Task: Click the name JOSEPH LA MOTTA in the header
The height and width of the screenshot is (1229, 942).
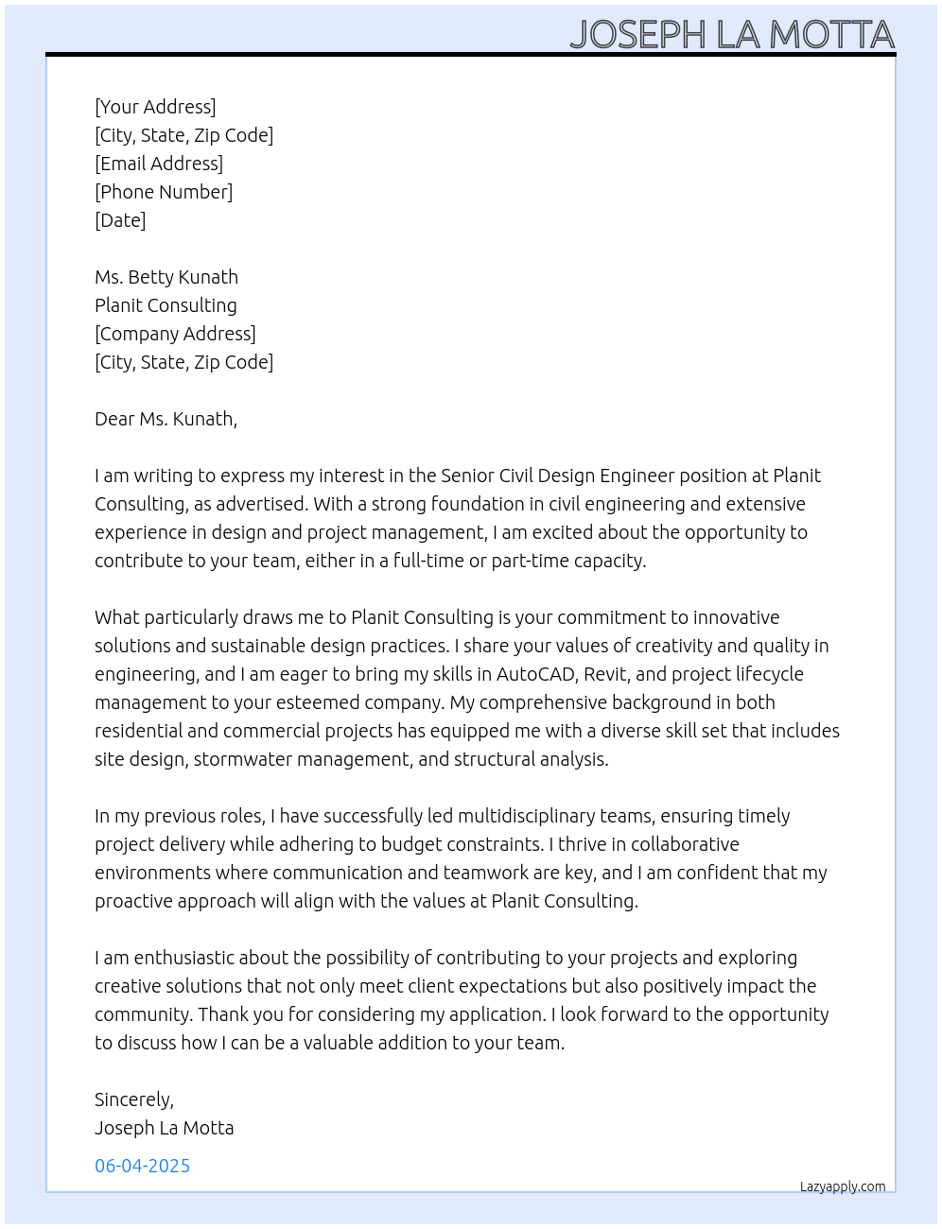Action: (732, 34)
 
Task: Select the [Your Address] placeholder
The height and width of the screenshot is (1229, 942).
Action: (155, 107)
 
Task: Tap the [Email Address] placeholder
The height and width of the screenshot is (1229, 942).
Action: (159, 164)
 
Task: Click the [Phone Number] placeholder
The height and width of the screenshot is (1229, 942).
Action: (164, 192)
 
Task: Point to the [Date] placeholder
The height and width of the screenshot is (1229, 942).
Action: (120, 220)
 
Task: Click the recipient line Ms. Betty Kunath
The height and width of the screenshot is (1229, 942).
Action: (166, 277)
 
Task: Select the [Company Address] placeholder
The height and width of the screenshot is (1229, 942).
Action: (175, 334)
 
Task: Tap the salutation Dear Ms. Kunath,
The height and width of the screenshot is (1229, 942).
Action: (166, 419)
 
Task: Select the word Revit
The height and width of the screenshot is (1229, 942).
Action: (605, 674)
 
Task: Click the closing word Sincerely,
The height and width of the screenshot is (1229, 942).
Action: (134, 1099)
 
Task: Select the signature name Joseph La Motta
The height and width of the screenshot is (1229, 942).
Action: (165, 1128)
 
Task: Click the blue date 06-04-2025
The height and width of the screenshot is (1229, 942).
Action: (143, 1166)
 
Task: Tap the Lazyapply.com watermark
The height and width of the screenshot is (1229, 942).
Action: (843, 1186)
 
